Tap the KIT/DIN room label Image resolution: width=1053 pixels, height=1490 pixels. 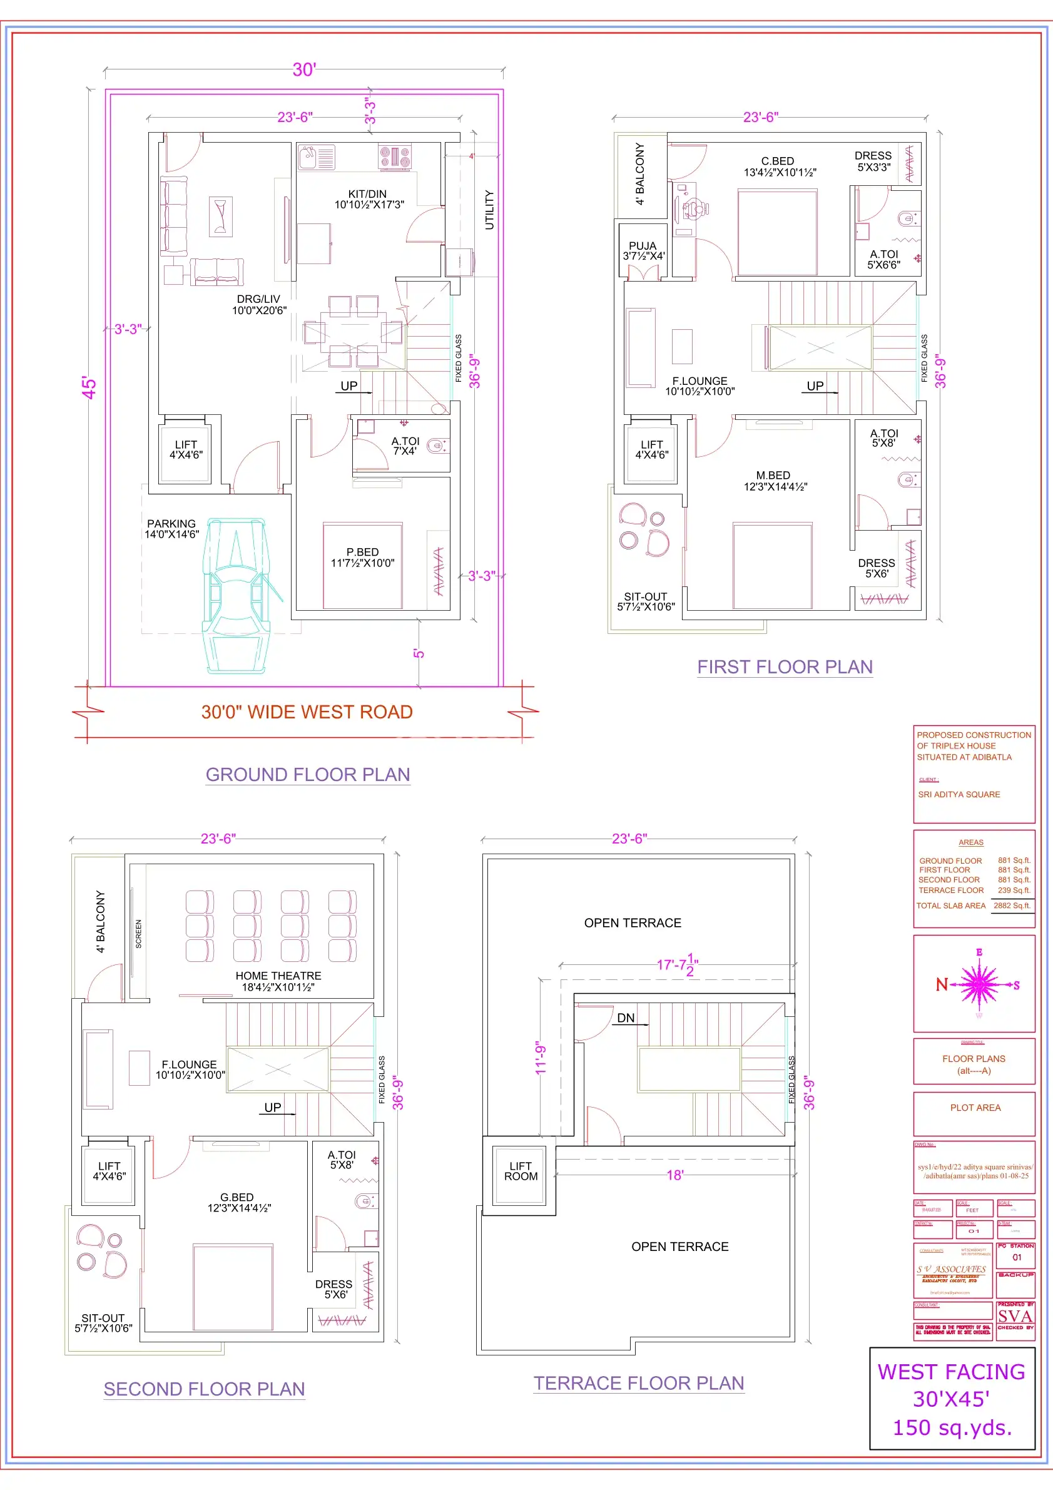point(368,195)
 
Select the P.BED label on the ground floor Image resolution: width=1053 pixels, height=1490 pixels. point(362,553)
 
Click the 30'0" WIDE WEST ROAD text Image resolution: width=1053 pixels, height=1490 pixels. point(307,712)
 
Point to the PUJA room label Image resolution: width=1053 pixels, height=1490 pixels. point(643,246)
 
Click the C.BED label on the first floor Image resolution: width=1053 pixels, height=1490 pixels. point(777,161)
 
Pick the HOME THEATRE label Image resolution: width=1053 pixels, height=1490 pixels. point(278,976)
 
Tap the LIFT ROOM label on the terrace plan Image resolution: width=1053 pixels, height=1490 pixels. point(521,1171)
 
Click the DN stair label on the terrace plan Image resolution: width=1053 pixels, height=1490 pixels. point(626,1018)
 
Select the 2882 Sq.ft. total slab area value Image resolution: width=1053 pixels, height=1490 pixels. point(1012,906)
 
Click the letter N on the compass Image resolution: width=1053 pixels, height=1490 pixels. point(942,984)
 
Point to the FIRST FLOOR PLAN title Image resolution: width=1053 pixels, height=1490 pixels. point(785,667)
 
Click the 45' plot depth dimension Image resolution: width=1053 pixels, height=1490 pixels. point(89,387)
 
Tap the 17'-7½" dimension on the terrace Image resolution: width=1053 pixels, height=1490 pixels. point(677,965)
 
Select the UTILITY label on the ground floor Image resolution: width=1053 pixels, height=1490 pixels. point(489,210)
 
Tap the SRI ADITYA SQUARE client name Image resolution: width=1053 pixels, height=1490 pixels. point(959,794)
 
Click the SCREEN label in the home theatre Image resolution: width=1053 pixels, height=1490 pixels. point(138,934)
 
